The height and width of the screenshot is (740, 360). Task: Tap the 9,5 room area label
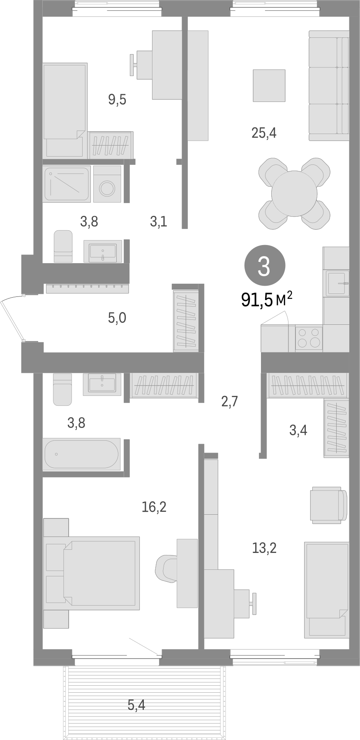point(117,99)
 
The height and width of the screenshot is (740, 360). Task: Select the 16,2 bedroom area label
point(154,507)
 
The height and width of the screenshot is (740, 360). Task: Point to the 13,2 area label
point(264,548)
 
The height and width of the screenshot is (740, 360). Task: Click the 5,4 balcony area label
point(137,705)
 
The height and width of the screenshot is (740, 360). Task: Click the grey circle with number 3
point(264,266)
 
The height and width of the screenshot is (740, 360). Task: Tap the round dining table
point(294,193)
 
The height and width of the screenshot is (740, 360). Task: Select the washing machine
point(107,184)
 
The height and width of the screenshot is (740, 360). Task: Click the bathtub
point(82,454)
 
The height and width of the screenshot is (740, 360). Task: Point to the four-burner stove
point(309,338)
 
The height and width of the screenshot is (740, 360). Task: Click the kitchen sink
point(337,283)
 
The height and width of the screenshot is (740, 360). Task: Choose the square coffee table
point(269,86)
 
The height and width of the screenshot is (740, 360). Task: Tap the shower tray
point(67,184)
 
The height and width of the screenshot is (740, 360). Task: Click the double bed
point(99,573)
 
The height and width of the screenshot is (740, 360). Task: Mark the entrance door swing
point(12,319)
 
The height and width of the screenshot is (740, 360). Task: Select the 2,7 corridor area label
point(229,401)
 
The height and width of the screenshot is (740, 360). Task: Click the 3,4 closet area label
point(298,430)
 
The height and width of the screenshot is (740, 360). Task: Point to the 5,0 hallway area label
point(117,318)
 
